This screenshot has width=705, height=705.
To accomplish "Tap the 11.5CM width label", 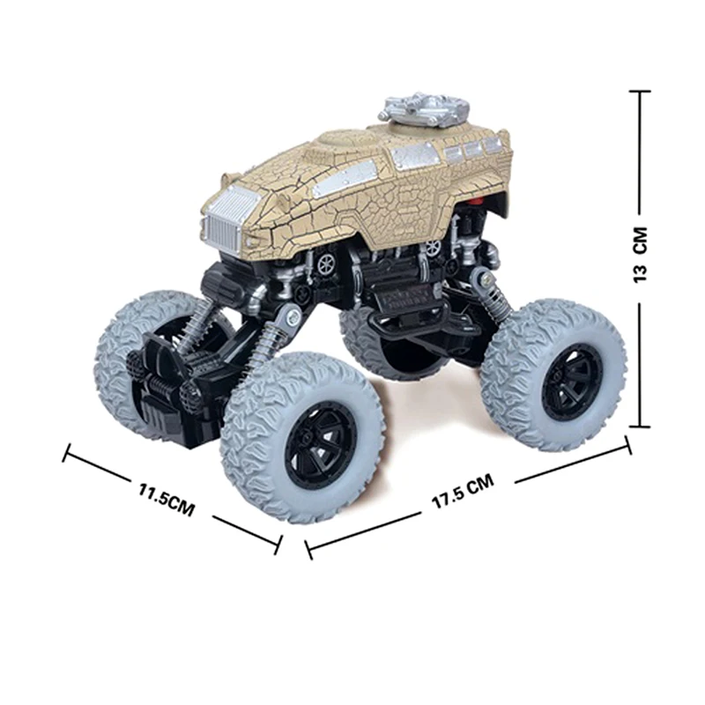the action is tap(167, 500).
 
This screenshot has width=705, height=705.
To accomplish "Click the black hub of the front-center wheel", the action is tap(320, 446).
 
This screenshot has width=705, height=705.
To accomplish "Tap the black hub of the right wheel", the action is tap(571, 382).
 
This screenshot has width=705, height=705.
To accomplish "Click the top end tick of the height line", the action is tap(640, 92).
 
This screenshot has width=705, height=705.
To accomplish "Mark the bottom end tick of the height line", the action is tap(640, 427).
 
